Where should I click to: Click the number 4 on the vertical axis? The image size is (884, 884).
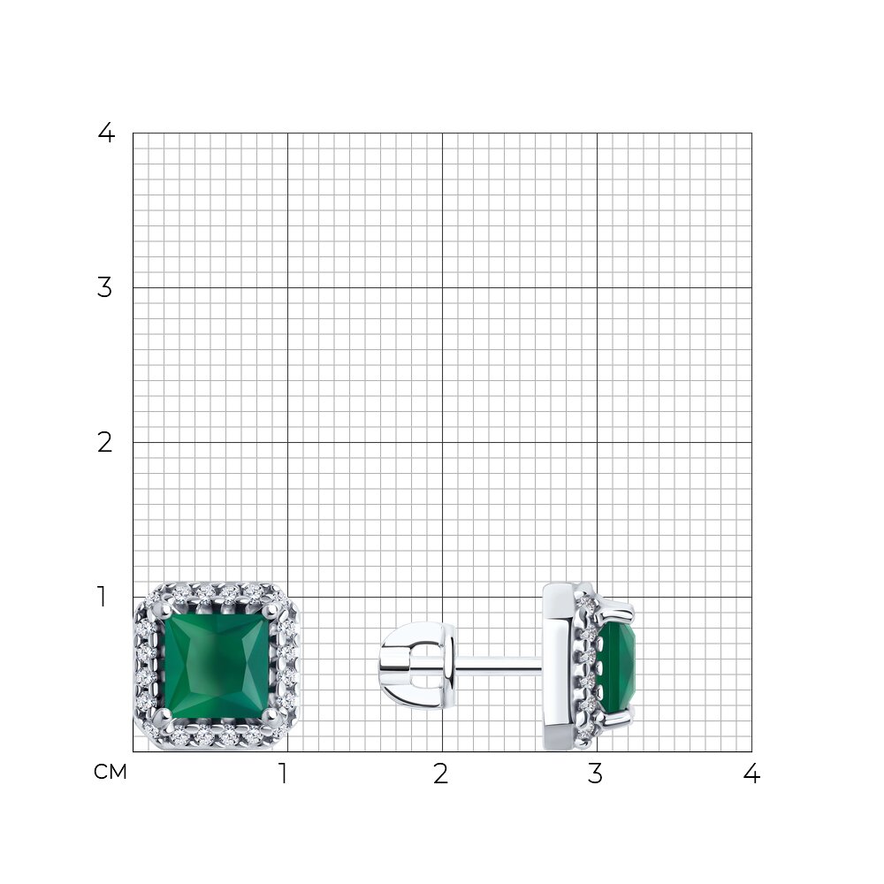click(106, 133)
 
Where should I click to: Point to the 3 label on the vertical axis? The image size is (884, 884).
click(105, 288)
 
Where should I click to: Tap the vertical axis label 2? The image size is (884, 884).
click(105, 443)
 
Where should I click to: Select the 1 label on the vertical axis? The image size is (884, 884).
click(102, 597)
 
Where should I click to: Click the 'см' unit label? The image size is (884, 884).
click(110, 772)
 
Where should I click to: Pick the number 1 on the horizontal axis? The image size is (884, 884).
click(284, 774)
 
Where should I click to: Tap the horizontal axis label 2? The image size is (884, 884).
click(441, 774)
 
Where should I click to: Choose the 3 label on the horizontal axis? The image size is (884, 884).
click(595, 774)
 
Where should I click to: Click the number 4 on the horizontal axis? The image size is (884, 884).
click(751, 774)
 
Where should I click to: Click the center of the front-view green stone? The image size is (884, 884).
click(217, 667)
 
